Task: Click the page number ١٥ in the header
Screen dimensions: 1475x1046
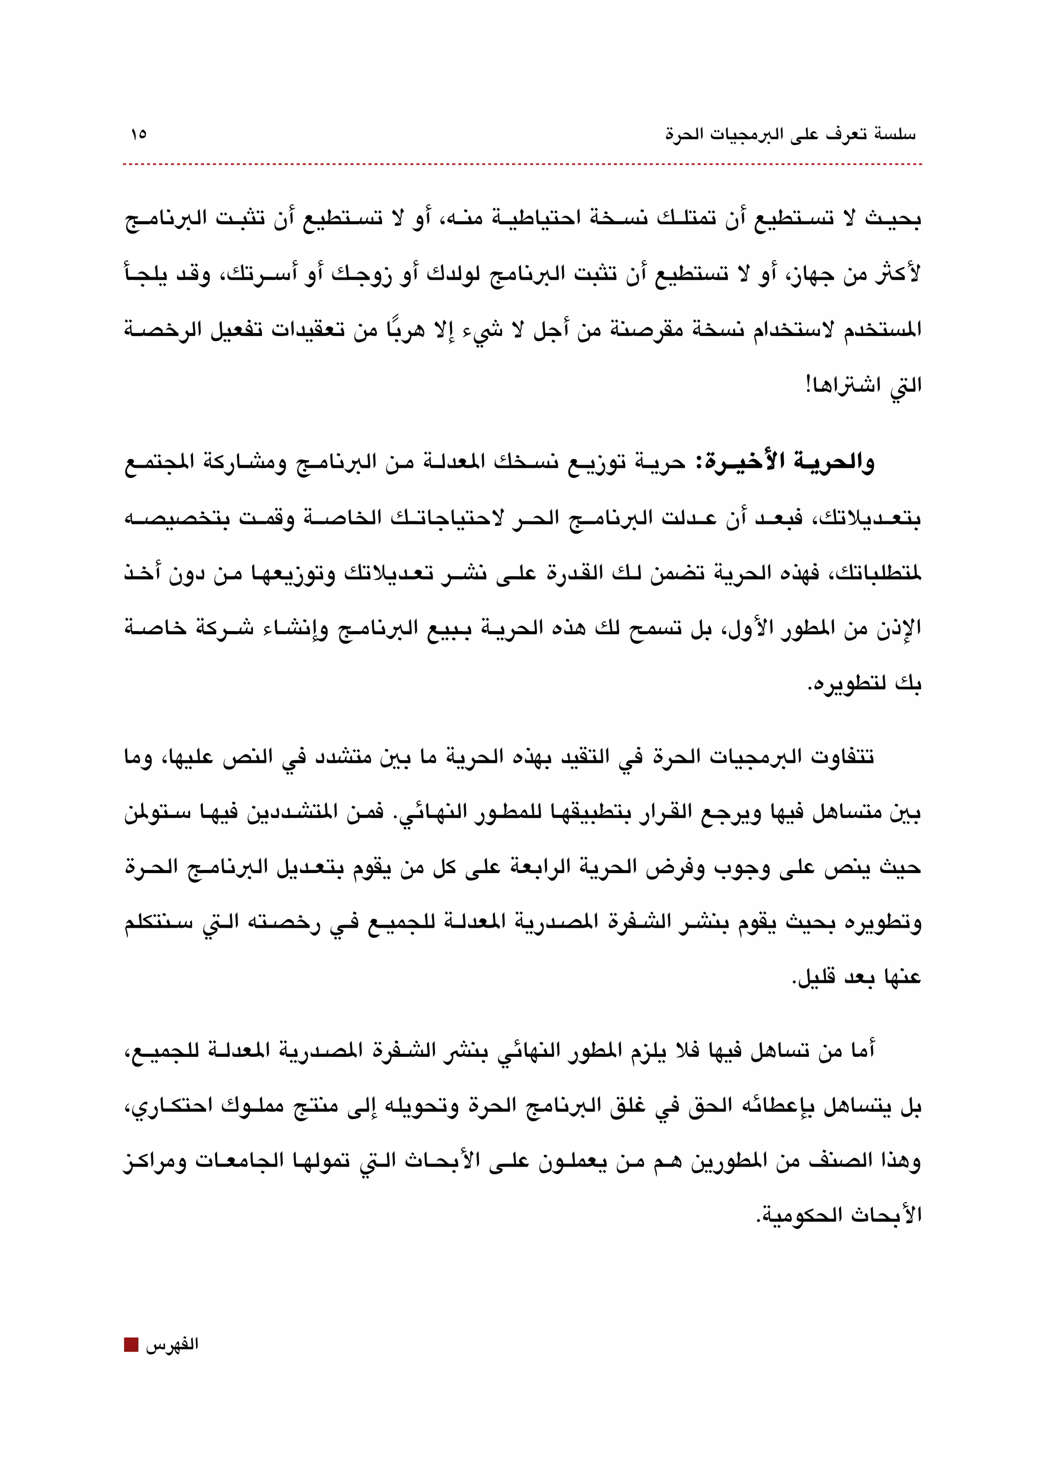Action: [138, 135]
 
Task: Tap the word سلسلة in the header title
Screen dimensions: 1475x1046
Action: [895, 135]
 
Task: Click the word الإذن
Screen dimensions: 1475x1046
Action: [899, 627]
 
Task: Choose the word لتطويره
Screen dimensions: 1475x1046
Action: [844, 683]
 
